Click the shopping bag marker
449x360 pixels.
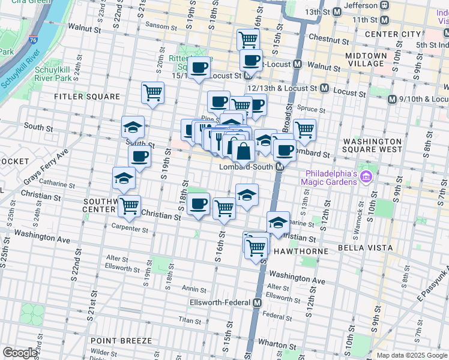(x=243, y=151)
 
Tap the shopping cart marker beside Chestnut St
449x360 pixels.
(x=248, y=40)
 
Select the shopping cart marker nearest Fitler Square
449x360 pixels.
(x=153, y=92)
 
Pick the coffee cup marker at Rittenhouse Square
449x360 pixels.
(x=199, y=67)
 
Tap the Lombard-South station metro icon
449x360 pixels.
(x=280, y=167)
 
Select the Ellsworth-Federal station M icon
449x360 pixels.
(x=257, y=303)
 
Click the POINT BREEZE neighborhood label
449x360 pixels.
(x=121, y=340)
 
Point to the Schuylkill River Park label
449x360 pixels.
(x=53, y=74)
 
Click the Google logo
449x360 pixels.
(x=20, y=353)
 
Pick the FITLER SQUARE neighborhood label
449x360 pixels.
(x=87, y=96)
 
